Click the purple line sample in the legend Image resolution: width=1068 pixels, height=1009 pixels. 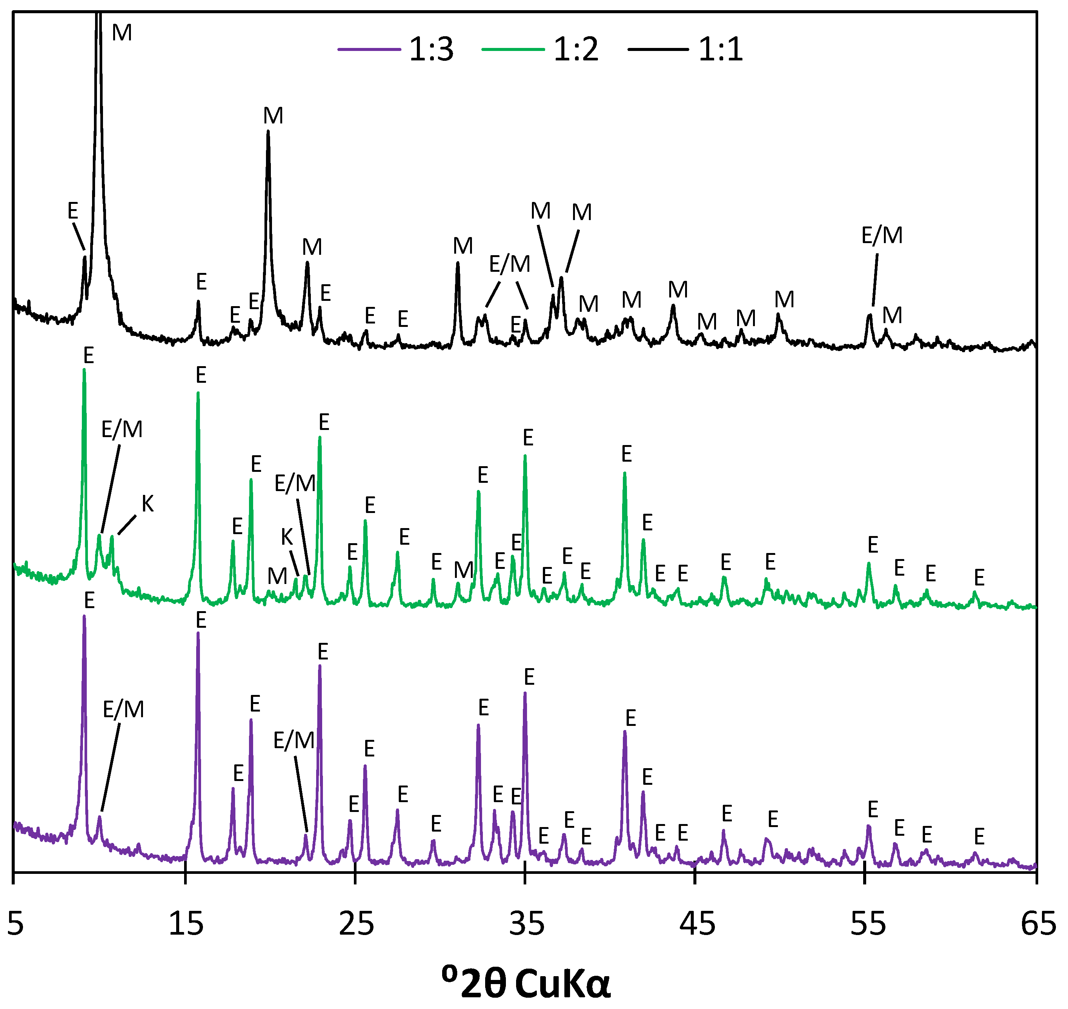tap(369, 49)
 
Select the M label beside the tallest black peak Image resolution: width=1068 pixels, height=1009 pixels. tap(122, 33)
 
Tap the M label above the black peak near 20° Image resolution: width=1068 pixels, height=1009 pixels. tap(273, 116)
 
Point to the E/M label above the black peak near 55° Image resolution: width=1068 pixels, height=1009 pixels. tap(882, 235)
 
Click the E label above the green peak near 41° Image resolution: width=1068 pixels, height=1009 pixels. tap(626, 454)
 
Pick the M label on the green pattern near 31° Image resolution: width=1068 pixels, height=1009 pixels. tap(463, 570)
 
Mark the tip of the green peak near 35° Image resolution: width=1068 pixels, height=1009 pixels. tap(525, 456)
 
